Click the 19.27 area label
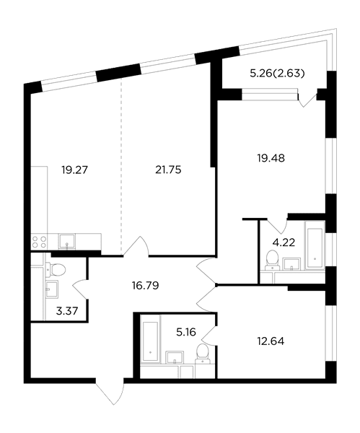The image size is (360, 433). click(x=74, y=170)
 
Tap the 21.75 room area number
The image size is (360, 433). click(x=168, y=170)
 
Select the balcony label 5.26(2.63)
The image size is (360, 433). click(x=277, y=74)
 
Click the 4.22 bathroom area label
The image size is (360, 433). click(x=284, y=242)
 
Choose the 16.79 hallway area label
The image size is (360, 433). click(x=146, y=286)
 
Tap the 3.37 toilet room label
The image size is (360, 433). click(x=67, y=311)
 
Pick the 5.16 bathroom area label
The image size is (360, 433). click(x=186, y=332)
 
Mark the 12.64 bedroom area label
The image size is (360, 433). click(x=271, y=341)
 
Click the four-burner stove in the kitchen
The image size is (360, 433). click(x=39, y=242)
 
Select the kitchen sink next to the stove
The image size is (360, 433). click(x=66, y=241)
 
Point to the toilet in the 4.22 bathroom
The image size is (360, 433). click(x=272, y=260)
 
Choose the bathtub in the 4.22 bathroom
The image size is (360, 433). click(x=315, y=245)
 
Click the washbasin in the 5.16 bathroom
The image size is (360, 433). click(x=175, y=357)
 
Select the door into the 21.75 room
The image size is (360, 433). click(x=136, y=246)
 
